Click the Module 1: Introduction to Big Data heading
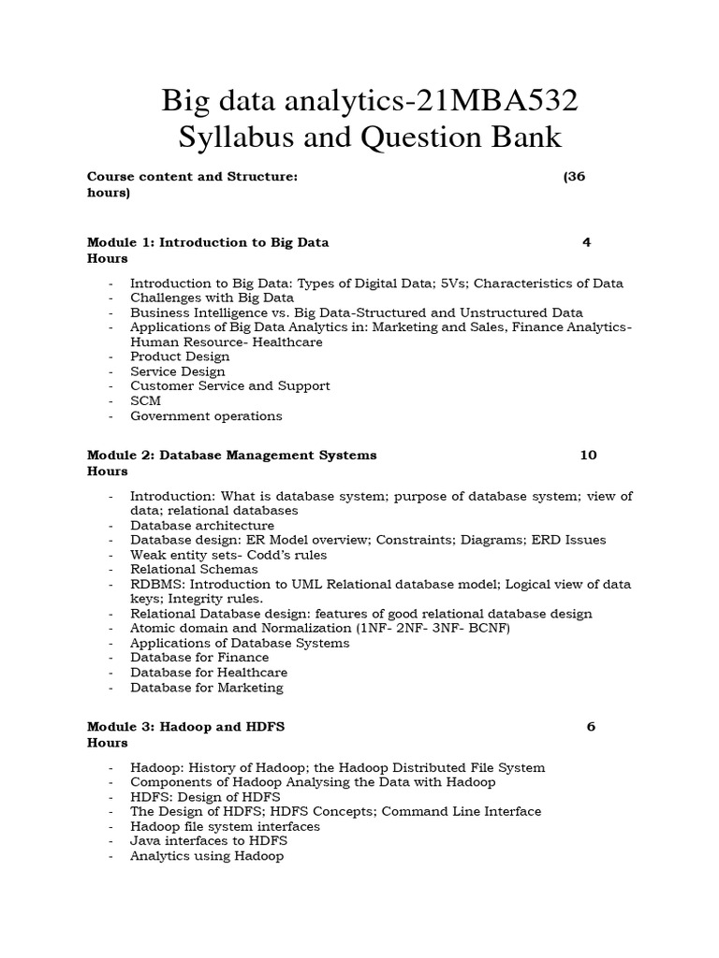(x=208, y=241)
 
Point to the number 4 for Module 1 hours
(x=586, y=241)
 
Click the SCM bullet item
(x=145, y=400)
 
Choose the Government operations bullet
(x=206, y=415)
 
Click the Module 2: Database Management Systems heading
(x=231, y=455)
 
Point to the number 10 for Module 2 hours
(x=588, y=455)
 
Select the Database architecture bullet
(x=202, y=526)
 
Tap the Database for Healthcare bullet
(x=209, y=672)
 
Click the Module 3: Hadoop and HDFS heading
(x=185, y=726)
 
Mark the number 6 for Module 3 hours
(x=591, y=726)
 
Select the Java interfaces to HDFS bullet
(x=209, y=841)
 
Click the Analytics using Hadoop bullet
(x=207, y=855)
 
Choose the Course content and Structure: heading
(x=192, y=176)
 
